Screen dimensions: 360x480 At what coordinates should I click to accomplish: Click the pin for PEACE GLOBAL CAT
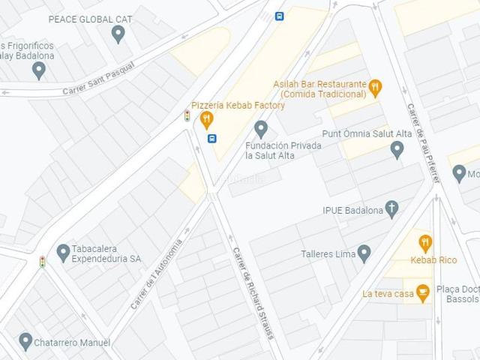click(x=118, y=34)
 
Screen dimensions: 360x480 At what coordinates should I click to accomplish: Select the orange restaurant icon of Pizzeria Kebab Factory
click(x=207, y=119)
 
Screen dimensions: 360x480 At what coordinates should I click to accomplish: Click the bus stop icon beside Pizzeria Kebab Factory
click(x=212, y=138)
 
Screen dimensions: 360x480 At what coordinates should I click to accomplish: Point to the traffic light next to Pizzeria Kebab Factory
click(x=187, y=115)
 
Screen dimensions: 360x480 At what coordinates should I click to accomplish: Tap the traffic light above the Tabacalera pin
click(x=43, y=262)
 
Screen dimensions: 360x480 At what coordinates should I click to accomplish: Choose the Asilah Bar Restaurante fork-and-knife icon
click(x=376, y=88)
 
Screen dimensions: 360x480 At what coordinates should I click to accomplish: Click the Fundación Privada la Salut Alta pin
click(x=261, y=129)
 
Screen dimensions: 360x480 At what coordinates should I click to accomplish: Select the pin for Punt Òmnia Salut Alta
click(x=397, y=149)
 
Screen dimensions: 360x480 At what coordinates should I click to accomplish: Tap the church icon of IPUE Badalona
click(x=391, y=208)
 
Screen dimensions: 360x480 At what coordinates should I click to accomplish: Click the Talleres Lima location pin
click(x=364, y=253)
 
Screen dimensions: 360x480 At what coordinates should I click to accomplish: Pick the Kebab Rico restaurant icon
click(x=425, y=243)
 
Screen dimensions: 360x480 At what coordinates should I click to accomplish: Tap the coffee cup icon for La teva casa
click(x=422, y=292)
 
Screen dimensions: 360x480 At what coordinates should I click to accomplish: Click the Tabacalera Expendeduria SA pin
click(x=63, y=252)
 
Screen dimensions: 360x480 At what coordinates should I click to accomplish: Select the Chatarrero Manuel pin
click(x=25, y=341)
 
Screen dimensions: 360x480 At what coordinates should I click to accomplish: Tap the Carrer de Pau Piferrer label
click(x=423, y=143)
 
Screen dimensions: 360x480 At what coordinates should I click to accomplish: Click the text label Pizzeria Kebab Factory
click(x=238, y=106)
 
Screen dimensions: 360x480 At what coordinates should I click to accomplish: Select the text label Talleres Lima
click(x=328, y=254)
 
